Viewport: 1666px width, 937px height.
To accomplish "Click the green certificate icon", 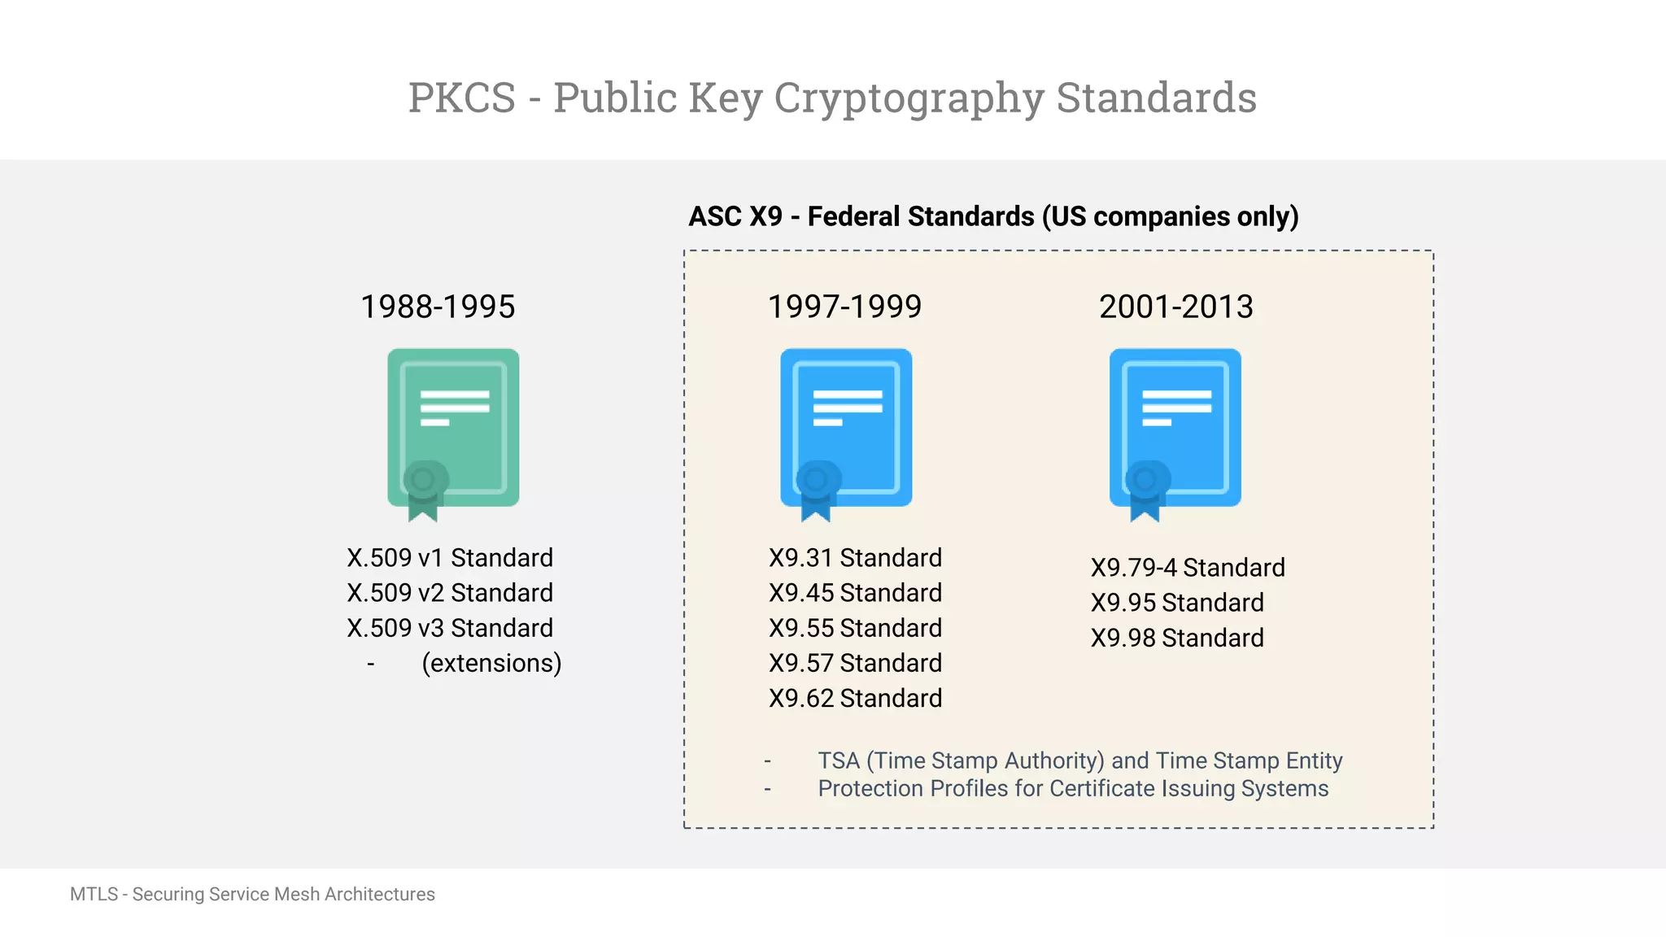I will click(453, 429).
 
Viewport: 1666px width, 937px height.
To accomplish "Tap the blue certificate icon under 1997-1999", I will click(846, 429).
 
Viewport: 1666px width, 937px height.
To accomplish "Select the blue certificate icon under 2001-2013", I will click(1175, 429).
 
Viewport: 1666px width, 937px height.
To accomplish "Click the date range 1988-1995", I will click(438, 307).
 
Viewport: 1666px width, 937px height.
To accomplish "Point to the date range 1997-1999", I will click(844, 307).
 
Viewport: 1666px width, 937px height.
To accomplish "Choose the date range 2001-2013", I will click(1175, 307).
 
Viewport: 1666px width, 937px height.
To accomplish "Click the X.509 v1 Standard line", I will click(450, 558).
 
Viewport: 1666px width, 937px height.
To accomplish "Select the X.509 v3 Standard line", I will click(450, 628).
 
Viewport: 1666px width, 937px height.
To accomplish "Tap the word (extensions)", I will click(491, 664).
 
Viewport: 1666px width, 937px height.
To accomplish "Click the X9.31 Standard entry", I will click(855, 558).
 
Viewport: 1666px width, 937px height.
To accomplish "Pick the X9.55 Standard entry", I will click(855, 628).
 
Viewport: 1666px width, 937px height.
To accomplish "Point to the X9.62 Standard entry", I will click(855, 699).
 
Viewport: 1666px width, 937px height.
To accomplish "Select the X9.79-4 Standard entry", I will click(1188, 568).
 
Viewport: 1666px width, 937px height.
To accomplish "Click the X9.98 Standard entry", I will click(1177, 638).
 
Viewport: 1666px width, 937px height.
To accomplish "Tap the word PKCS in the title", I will click(462, 98).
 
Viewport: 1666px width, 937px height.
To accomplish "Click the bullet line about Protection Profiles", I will click(1072, 789).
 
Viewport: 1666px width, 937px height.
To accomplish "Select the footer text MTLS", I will click(94, 895).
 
